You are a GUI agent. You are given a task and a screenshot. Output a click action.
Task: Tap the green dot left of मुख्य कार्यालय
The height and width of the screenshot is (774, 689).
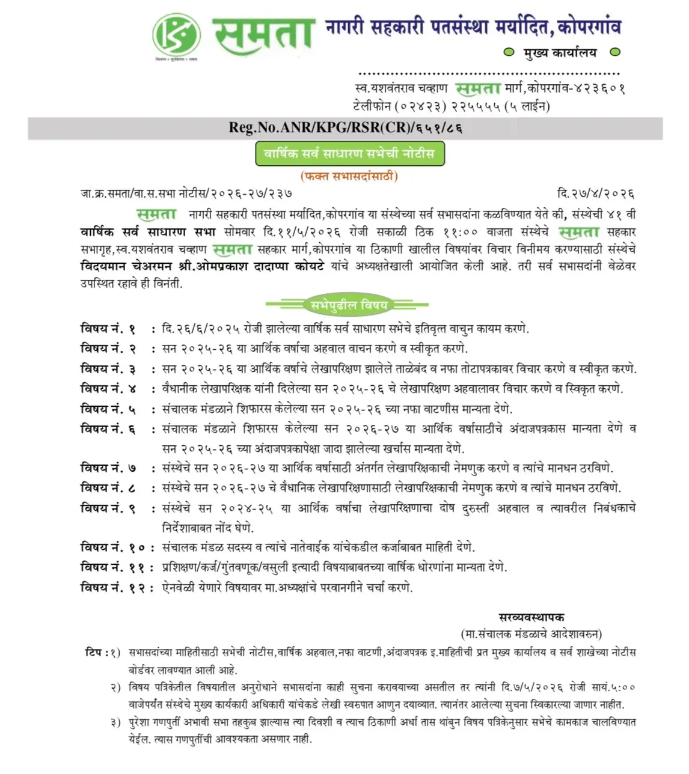click(x=509, y=53)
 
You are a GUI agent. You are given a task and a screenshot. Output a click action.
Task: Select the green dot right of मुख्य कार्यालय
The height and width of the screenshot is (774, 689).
click(x=614, y=53)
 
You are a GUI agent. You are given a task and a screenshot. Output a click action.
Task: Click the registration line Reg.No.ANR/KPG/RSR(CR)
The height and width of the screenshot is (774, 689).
click(x=345, y=128)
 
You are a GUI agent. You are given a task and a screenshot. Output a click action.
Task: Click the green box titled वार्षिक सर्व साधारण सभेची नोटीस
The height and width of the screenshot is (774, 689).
click(x=349, y=153)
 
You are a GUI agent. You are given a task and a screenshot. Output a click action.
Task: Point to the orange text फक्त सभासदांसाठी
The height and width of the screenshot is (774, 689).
click(x=349, y=176)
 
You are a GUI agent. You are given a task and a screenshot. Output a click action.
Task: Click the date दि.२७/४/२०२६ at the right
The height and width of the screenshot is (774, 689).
click(x=596, y=194)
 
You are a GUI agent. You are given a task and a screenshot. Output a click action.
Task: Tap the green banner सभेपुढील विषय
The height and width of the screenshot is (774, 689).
click(x=349, y=305)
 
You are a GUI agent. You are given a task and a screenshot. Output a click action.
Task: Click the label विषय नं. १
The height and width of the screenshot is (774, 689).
click(x=109, y=329)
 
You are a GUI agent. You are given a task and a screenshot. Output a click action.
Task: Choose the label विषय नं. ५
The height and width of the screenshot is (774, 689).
click(x=109, y=409)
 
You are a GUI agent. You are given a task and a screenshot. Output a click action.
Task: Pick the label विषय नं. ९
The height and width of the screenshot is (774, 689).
click(x=109, y=508)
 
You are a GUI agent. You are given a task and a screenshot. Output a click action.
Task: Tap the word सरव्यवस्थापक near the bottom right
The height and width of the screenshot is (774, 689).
click(x=531, y=617)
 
